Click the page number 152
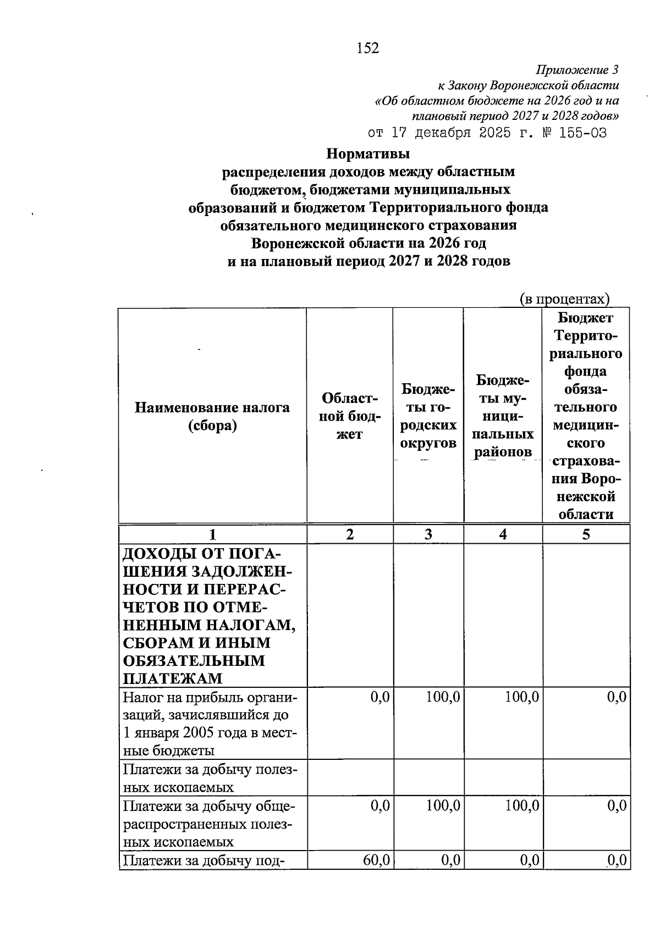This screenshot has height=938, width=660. pos(367,48)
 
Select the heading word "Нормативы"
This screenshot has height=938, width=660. pos(368,153)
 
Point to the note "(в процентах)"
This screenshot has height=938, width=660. pos(565,299)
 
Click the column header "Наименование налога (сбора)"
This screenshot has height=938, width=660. pos(212,416)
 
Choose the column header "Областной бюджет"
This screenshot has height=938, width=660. pos(349,416)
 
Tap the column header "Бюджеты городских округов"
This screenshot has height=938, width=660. pos(428,416)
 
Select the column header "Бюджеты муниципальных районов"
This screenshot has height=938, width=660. pos(503,416)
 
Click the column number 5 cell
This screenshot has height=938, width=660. pos(586,534)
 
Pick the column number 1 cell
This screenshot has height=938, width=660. pos(212,534)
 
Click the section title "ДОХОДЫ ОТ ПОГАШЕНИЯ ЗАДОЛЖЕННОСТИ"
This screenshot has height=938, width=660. pos(208,615)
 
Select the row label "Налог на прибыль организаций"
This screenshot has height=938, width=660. pos(209,724)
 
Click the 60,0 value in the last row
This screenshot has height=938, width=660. pos(376,860)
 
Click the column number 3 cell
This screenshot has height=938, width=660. pos(428,534)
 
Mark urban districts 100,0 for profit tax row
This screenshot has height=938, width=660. pos(443,698)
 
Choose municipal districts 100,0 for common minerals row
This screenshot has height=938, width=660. pos(522,807)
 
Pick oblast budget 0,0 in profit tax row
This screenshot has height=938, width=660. pos(380,698)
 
